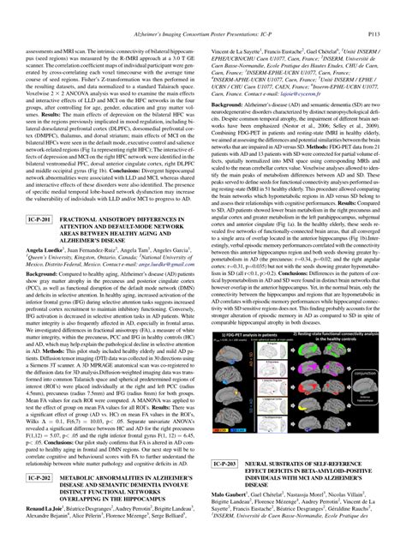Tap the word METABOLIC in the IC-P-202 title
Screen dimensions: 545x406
pos(84,498)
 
